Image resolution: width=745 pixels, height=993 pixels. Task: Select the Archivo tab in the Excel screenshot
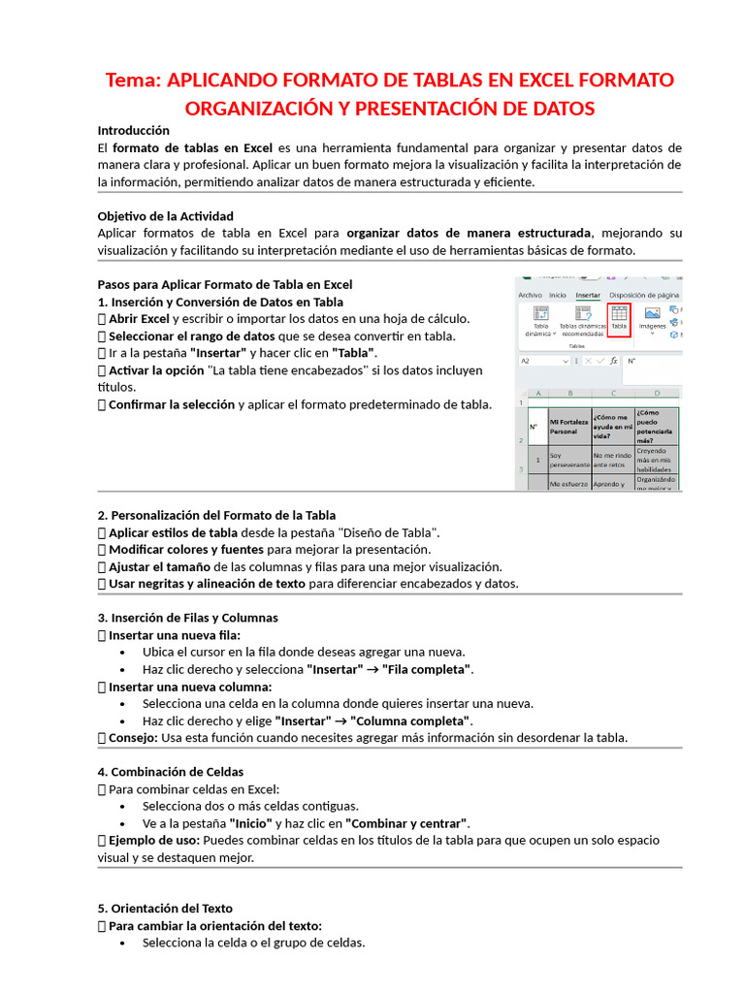click(x=530, y=295)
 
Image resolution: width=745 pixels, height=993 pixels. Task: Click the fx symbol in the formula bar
click(x=613, y=361)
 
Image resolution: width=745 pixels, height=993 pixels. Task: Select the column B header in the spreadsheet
click(x=570, y=394)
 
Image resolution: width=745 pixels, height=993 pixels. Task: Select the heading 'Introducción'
click(x=134, y=130)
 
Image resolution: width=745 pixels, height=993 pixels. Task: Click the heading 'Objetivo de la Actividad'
click(x=165, y=216)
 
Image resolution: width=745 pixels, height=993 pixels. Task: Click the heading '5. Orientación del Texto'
click(x=165, y=909)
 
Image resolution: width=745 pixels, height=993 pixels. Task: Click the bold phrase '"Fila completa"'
click(x=427, y=670)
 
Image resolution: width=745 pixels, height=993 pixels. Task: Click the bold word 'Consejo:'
click(x=133, y=738)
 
